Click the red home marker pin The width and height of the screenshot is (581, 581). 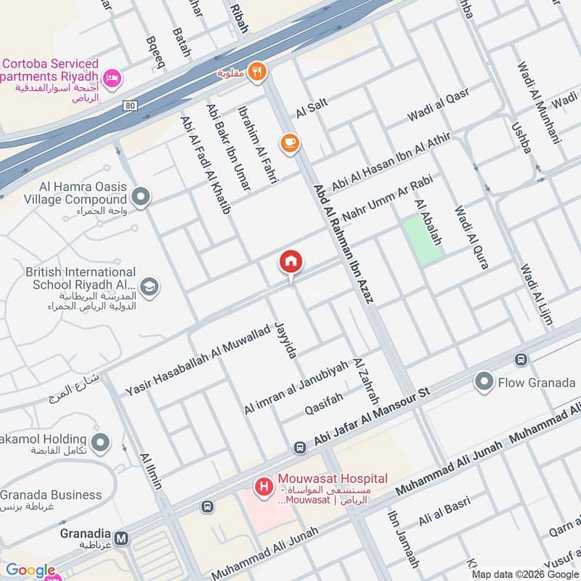(x=291, y=262)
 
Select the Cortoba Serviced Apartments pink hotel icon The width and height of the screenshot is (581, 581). (x=112, y=78)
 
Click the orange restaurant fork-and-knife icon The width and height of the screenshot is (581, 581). (x=256, y=71)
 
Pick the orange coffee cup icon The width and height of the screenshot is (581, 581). (x=290, y=142)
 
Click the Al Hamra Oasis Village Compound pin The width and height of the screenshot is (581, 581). (x=141, y=196)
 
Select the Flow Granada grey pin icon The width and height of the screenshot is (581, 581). (x=484, y=381)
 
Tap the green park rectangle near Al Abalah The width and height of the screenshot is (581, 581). (x=422, y=240)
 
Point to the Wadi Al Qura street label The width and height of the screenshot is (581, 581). (x=471, y=237)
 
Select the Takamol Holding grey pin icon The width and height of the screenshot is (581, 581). (x=100, y=441)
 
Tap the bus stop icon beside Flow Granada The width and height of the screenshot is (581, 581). (x=520, y=359)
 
